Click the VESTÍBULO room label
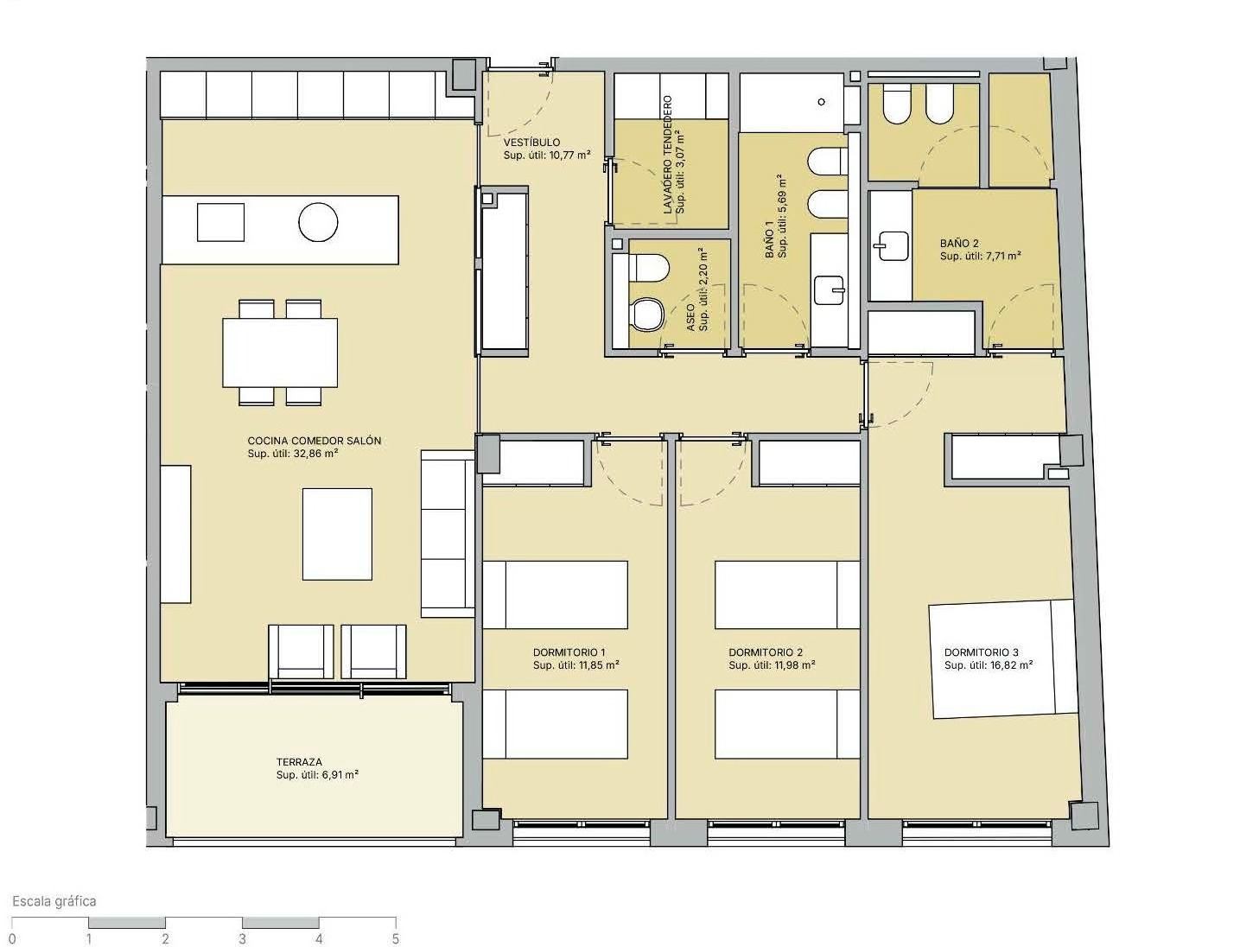(x=531, y=143)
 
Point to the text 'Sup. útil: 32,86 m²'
(x=293, y=454)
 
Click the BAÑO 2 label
(x=959, y=244)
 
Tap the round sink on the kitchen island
(x=318, y=222)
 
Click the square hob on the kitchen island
(x=220, y=222)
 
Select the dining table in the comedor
(x=280, y=353)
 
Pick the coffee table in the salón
(x=337, y=534)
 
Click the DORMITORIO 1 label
(x=569, y=652)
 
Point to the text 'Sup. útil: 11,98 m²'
(x=772, y=665)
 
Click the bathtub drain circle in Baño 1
(x=822, y=102)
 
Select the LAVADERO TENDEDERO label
(x=668, y=155)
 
